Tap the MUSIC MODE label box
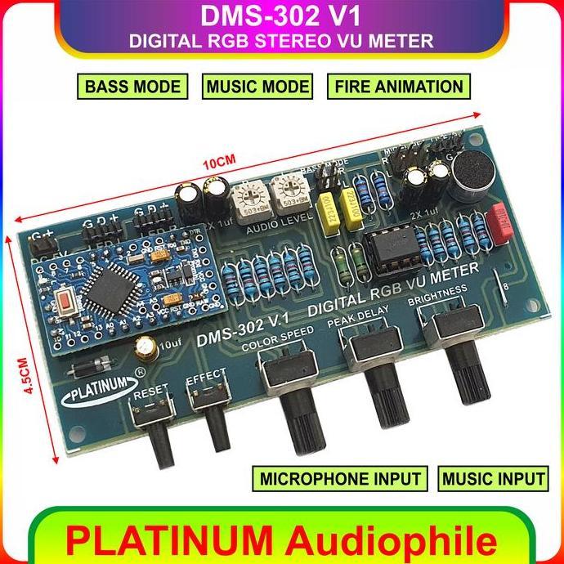click(x=257, y=87)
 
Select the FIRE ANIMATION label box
click(x=397, y=87)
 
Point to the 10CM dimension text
click(x=215, y=163)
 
